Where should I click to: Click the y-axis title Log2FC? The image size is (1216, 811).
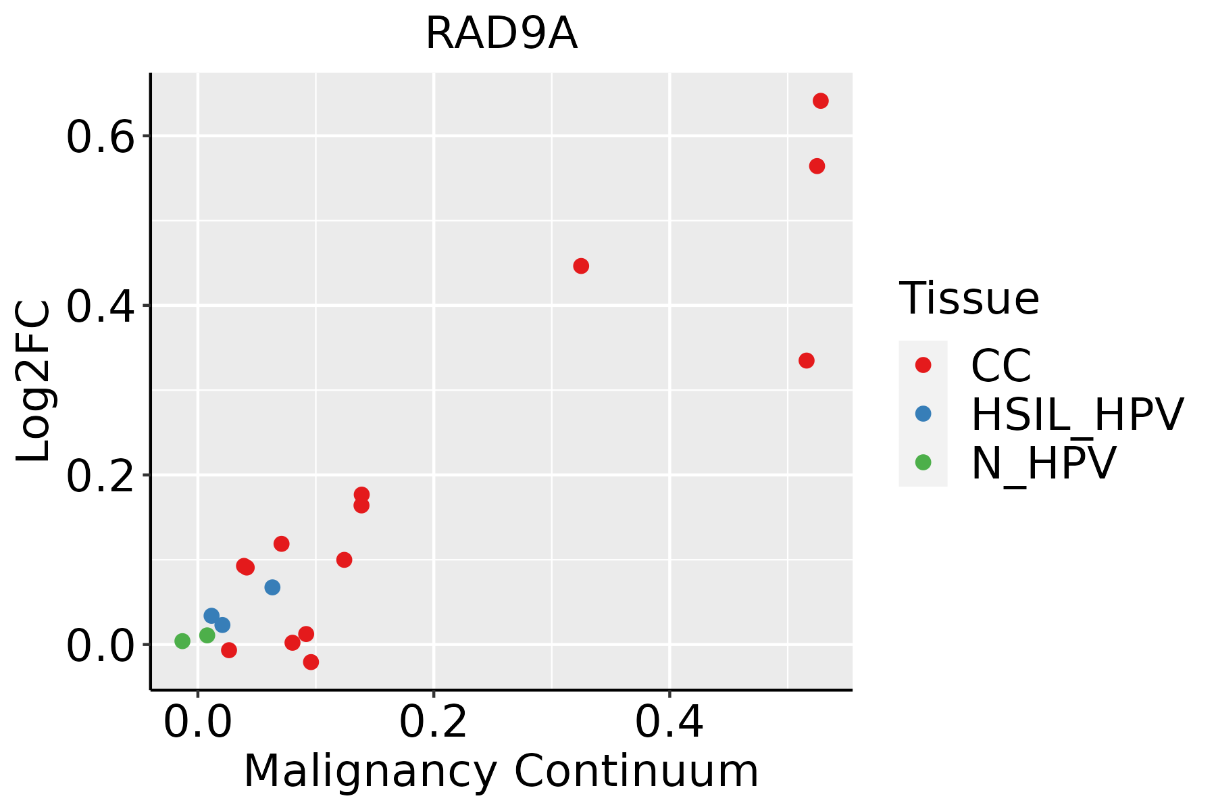tap(34, 382)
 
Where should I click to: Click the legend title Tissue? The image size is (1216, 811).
tap(969, 299)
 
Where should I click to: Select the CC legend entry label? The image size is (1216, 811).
tap(1000, 366)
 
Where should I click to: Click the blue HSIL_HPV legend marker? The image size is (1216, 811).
tap(923, 414)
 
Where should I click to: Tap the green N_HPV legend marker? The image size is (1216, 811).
tap(923, 462)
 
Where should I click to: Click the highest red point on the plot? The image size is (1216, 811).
tap(820, 101)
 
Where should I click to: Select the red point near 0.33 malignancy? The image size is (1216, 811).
tap(581, 266)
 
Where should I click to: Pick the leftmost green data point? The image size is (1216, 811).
tap(182, 641)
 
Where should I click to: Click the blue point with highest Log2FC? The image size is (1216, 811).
tap(272, 587)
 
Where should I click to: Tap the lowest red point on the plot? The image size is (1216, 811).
tap(311, 662)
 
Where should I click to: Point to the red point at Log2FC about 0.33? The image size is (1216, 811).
tap(806, 360)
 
